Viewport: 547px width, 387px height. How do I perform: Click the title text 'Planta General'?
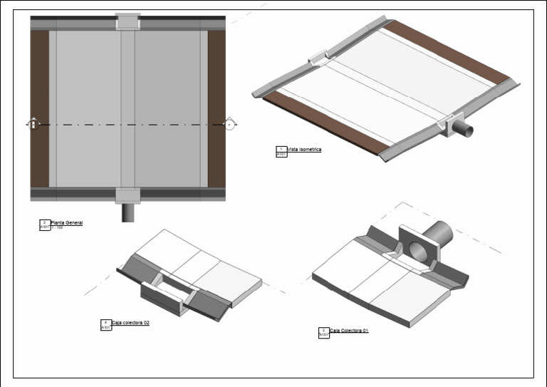coord(66,223)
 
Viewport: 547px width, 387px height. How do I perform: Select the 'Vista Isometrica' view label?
coord(304,150)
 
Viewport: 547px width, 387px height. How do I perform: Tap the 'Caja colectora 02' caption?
coord(130,323)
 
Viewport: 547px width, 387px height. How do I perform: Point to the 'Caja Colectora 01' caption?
coord(349,331)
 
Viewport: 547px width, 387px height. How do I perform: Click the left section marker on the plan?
coord(33,124)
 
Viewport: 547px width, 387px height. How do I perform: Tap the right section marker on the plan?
coord(229,124)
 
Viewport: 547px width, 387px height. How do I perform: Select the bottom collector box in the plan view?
coord(127,195)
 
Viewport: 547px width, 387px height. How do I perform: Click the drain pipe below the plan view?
coord(127,212)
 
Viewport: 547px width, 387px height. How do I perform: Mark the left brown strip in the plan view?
coord(39,108)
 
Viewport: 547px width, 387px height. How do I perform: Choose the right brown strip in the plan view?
coord(217,108)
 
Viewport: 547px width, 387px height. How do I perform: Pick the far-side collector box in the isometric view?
coord(318,56)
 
